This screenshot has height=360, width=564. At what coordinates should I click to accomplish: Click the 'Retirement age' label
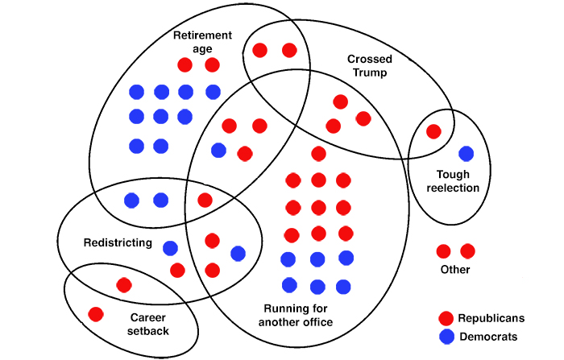[203, 42]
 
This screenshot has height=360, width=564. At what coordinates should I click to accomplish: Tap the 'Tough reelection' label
[458, 181]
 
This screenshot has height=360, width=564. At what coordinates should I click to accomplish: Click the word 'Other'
[455, 270]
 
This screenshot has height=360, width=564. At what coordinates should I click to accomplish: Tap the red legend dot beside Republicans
[446, 318]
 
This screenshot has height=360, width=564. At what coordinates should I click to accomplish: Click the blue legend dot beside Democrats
[446, 337]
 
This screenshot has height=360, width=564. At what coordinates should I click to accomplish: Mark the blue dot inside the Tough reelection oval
[466, 153]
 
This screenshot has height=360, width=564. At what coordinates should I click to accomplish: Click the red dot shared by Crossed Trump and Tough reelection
[433, 131]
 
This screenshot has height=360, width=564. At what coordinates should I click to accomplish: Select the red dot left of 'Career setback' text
[95, 313]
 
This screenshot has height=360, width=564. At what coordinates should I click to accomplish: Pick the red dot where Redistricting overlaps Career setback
[123, 284]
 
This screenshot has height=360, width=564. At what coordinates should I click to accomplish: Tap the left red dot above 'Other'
[443, 250]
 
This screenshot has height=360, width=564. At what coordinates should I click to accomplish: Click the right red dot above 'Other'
[467, 250]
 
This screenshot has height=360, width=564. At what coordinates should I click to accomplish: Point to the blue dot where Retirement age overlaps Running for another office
[218, 150]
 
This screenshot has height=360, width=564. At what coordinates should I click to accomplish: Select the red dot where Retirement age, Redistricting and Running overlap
[205, 200]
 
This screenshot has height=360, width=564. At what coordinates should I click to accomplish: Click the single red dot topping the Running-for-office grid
[318, 153]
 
